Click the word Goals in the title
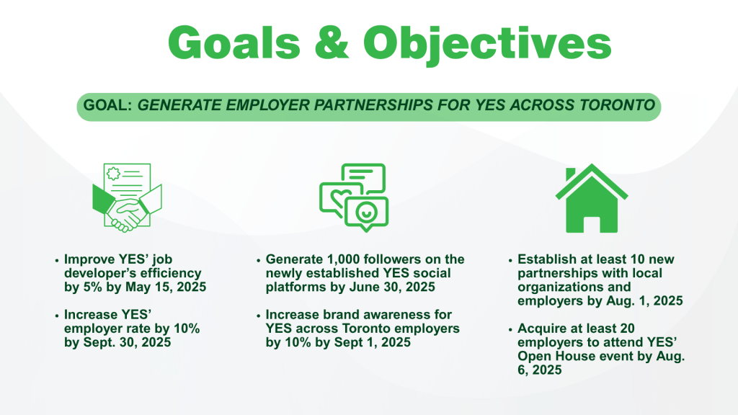click(x=234, y=43)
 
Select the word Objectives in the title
click(x=487, y=45)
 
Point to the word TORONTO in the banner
click(x=617, y=105)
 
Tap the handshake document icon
click(x=127, y=197)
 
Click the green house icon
click(x=592, y=199)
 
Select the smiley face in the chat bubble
click(x=366, y=211)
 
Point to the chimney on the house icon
click(x=571, y=174)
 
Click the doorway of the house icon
click(x=592, y=224)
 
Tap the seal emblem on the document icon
click(x=113, y=174)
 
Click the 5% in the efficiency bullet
click(x=93, y=287)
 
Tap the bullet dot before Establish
click(x=510, y=260)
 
